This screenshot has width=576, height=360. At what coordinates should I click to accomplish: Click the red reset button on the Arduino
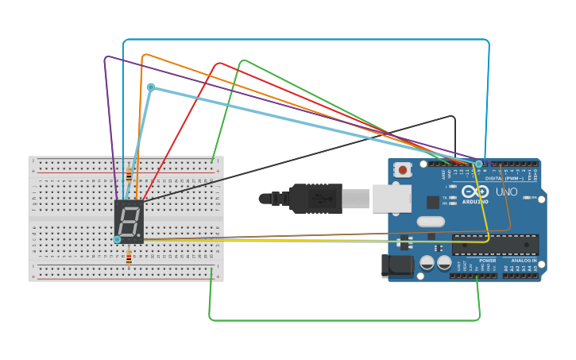404,168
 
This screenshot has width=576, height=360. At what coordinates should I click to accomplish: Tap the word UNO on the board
506,192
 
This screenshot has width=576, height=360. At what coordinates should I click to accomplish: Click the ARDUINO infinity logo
476,192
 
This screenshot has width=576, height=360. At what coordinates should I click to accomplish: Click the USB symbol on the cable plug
315,198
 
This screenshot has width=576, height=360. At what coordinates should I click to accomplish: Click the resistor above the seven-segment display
129,176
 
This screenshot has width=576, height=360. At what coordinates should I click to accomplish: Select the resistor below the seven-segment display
129,256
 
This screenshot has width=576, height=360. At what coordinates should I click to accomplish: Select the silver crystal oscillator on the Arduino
430,222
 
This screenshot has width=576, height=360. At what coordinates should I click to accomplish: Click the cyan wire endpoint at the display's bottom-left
117,239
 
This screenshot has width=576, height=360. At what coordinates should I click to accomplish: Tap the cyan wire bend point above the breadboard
150,87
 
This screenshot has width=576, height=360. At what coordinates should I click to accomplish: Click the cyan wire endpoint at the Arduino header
478,163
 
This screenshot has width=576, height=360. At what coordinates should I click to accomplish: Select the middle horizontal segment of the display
129,220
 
